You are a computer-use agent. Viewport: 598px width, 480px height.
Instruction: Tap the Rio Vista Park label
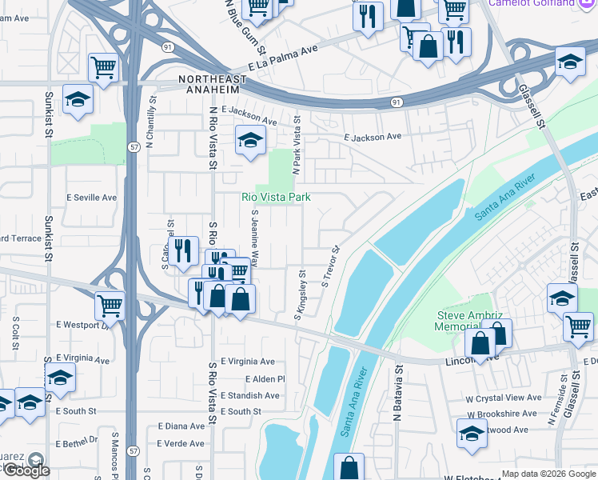pos(276,197)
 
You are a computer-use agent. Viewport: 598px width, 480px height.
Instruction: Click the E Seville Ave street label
pos(91,198)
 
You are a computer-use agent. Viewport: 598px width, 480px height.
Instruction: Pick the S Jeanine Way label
pos(255,238)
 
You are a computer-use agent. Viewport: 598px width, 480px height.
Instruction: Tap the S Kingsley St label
pos(301,295)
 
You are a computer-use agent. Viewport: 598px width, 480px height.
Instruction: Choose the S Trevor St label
pos(331,267)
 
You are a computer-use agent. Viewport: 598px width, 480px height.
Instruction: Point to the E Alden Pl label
pos(265,379)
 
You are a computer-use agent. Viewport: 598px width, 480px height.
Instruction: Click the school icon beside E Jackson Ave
pos(250,141)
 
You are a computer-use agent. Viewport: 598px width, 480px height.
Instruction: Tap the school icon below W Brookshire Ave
pos(472,434)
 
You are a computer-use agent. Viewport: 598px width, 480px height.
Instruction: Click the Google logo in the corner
pos(26,470)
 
